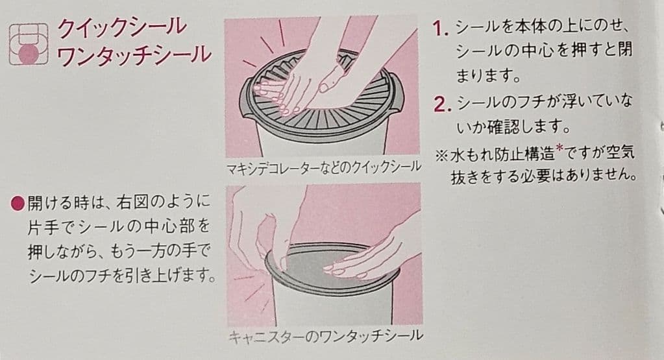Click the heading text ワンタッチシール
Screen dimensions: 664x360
(134, 55)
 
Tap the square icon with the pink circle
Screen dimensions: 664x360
(29, 44)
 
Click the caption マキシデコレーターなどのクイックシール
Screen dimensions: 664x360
(323, 167)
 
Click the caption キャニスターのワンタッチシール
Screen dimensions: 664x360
(325, 336)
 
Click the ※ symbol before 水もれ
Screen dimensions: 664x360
(441, 155)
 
